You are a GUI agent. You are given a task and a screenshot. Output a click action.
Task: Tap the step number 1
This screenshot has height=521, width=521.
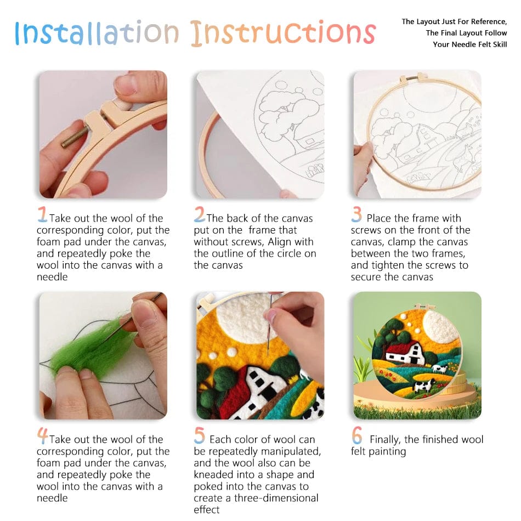[x=42, y=214]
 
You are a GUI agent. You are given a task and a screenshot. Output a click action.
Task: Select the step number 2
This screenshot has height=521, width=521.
[x=200, y=214]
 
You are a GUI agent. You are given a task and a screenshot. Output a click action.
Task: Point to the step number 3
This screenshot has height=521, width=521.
[x=357, y=214]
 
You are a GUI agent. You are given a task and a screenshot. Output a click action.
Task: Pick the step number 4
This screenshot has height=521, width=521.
[x=42, y=436]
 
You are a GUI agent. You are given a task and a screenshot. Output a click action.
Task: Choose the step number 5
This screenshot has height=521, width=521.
[x=200, y=436]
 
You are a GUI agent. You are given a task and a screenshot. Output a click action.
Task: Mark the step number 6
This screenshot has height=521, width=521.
[x=357, y=436]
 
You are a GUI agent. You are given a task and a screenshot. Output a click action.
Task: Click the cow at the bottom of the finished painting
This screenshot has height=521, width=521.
[x=423, y=386]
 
